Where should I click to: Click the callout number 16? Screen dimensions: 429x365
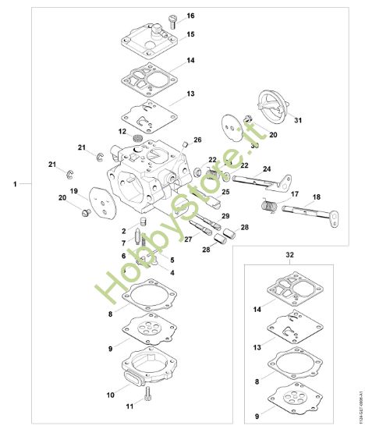pos(190,16)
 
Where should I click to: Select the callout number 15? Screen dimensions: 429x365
pos(190,34)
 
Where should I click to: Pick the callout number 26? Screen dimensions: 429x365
pos(197,140)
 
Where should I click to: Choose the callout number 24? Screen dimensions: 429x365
pos(266,169)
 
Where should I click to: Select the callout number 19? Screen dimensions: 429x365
pos(74,191)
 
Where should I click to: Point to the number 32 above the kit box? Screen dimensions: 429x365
pos(290,254)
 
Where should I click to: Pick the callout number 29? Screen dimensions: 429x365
pos(225,215)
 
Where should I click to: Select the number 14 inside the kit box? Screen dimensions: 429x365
pos(257,310)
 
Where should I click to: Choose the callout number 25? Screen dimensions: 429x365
pos(225,192)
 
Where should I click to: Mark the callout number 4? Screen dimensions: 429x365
pos(172,271)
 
